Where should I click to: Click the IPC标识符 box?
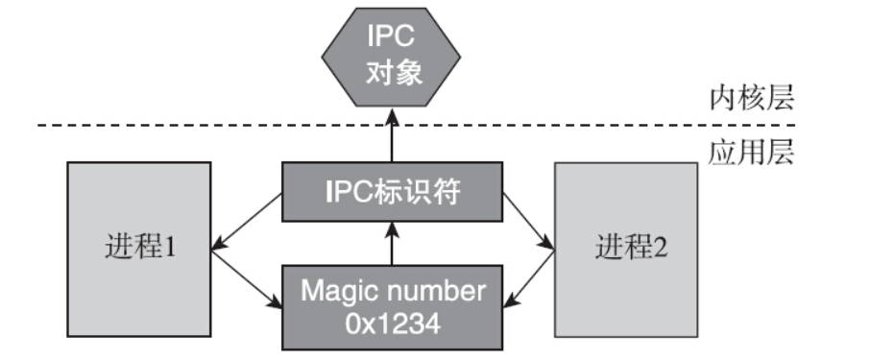tap(392, 192)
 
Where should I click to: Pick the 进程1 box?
tap(139, 249)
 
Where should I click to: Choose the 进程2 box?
tap(626, 249)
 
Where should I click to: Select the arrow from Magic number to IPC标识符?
tap(392, 244)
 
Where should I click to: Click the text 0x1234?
tap(392, 324)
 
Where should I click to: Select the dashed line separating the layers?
tap(192, 125)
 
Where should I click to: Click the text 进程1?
tap(139, 249)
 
